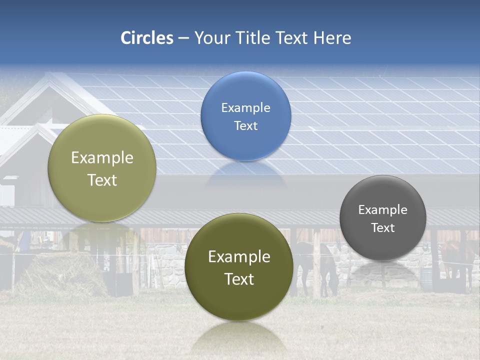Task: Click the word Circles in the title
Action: point(146,38)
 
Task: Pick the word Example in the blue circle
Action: point(245,108)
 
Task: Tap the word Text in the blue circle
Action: point(245,126)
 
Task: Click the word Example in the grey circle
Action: point(382,210)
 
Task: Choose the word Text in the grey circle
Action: point(382,228)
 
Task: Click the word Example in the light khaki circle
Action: point(102,158)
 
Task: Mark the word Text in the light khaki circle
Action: point(102,180)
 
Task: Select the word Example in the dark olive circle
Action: point(239,257)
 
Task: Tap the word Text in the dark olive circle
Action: point(239,279)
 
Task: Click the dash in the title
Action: point(183,38)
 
